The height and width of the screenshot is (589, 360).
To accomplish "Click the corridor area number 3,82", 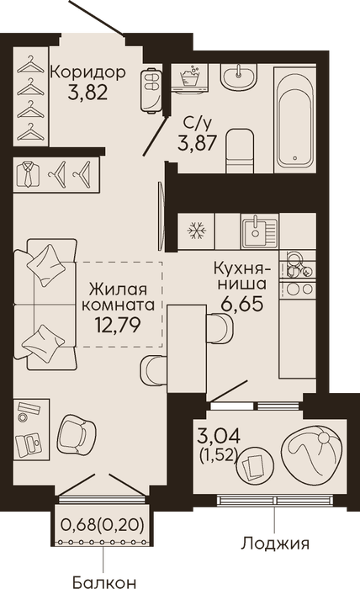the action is [87, 92].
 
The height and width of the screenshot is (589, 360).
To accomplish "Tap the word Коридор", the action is [87, 72].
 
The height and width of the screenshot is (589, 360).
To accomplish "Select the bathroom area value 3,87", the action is [198, 142].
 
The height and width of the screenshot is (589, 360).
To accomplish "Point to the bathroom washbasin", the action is [238, 77].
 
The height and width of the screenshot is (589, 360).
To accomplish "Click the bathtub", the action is [295, 120].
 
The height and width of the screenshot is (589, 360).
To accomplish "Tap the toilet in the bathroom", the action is [241, 151].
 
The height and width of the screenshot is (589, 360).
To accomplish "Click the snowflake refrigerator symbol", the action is [196, 231].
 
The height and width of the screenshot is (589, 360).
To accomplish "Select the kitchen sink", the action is [260, 231].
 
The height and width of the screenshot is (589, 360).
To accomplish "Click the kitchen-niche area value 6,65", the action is [241, 305].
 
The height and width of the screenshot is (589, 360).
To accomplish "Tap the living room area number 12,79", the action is [118, 325].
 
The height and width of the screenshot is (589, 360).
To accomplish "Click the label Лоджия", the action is [275, 544].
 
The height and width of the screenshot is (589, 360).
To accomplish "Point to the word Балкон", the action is [104, 582].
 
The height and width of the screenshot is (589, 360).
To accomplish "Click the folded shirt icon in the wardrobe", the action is [29, 174].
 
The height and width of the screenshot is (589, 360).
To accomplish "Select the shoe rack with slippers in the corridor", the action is [151, 90].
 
